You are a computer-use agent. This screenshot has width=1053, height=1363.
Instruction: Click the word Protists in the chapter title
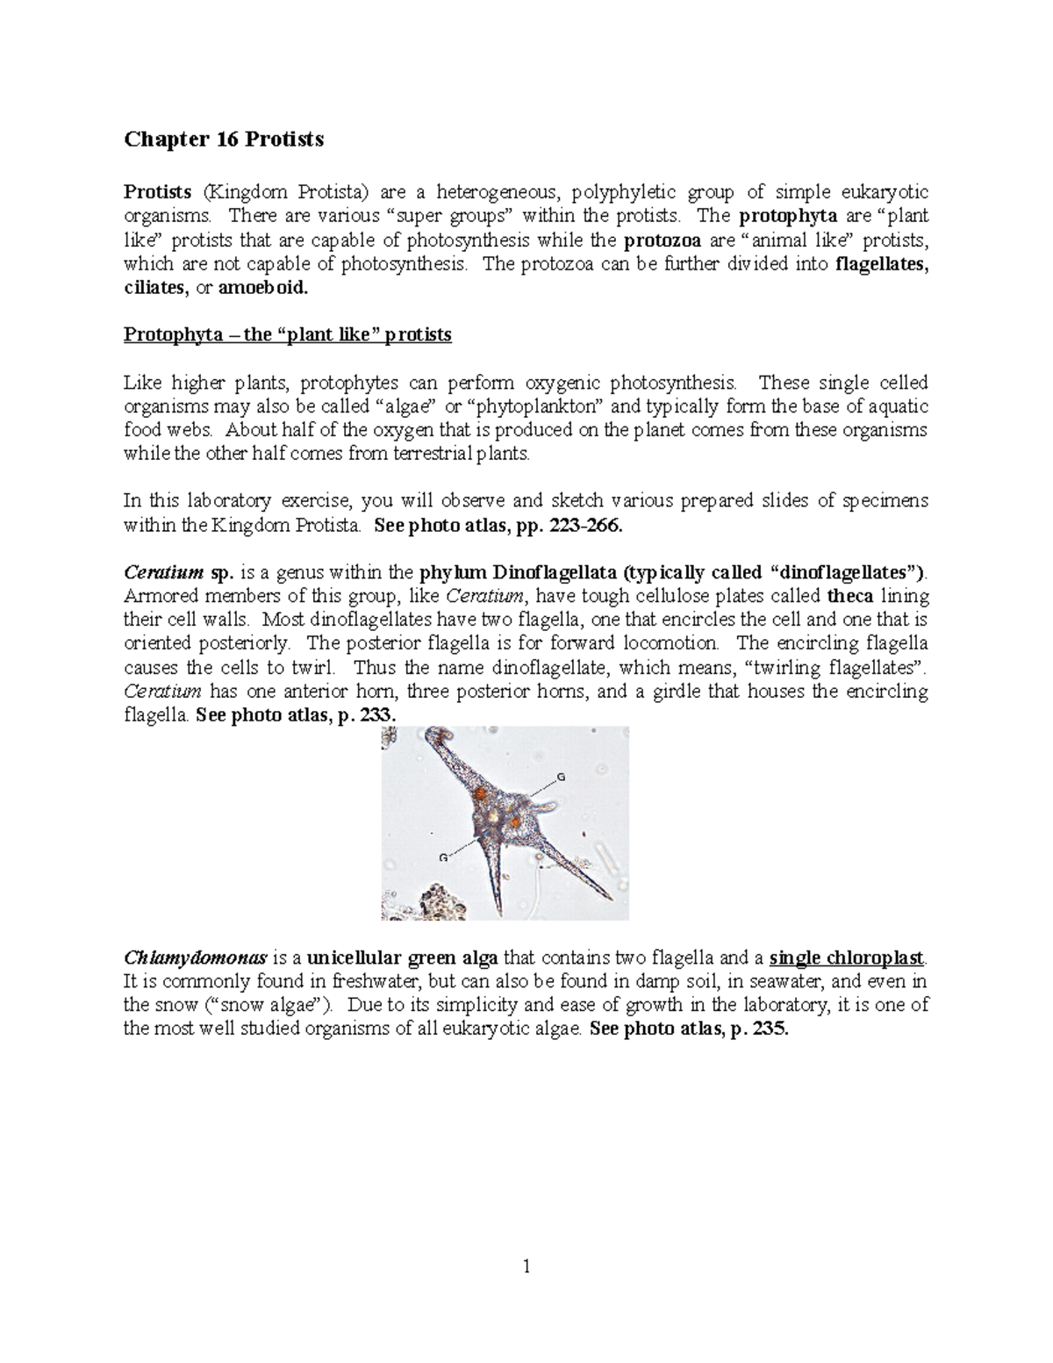286,140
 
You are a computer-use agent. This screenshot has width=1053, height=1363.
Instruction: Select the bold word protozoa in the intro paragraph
658,240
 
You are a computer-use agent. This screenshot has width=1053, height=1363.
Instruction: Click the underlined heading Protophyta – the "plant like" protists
287,334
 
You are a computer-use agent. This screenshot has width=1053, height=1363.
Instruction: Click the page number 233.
380,715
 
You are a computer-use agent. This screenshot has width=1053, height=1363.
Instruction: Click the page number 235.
772,1029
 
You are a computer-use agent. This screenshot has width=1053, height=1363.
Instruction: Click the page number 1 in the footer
526,1266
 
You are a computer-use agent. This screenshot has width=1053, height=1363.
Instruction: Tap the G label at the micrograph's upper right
561,778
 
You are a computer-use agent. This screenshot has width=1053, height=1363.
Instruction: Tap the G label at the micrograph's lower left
443,857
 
